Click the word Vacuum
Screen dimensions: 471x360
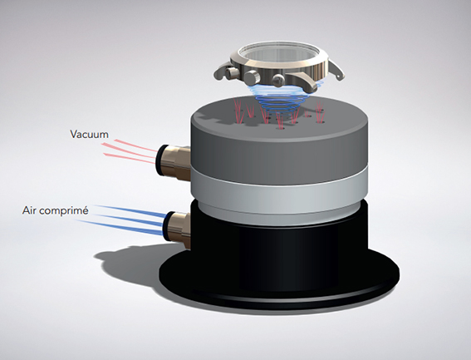click(89, 134)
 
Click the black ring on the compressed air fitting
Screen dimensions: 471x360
click(167, 226)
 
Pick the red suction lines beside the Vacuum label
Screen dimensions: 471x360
click(129, 150)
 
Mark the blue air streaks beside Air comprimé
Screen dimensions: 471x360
click(120, 219)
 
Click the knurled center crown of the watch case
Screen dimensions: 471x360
click(253, 78)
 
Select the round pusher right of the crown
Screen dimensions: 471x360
click(278, 81)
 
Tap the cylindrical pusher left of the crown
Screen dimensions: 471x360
click(232, 72)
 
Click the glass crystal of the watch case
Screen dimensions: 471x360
click(277, 54)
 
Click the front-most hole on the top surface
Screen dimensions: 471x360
click(281, 128)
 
